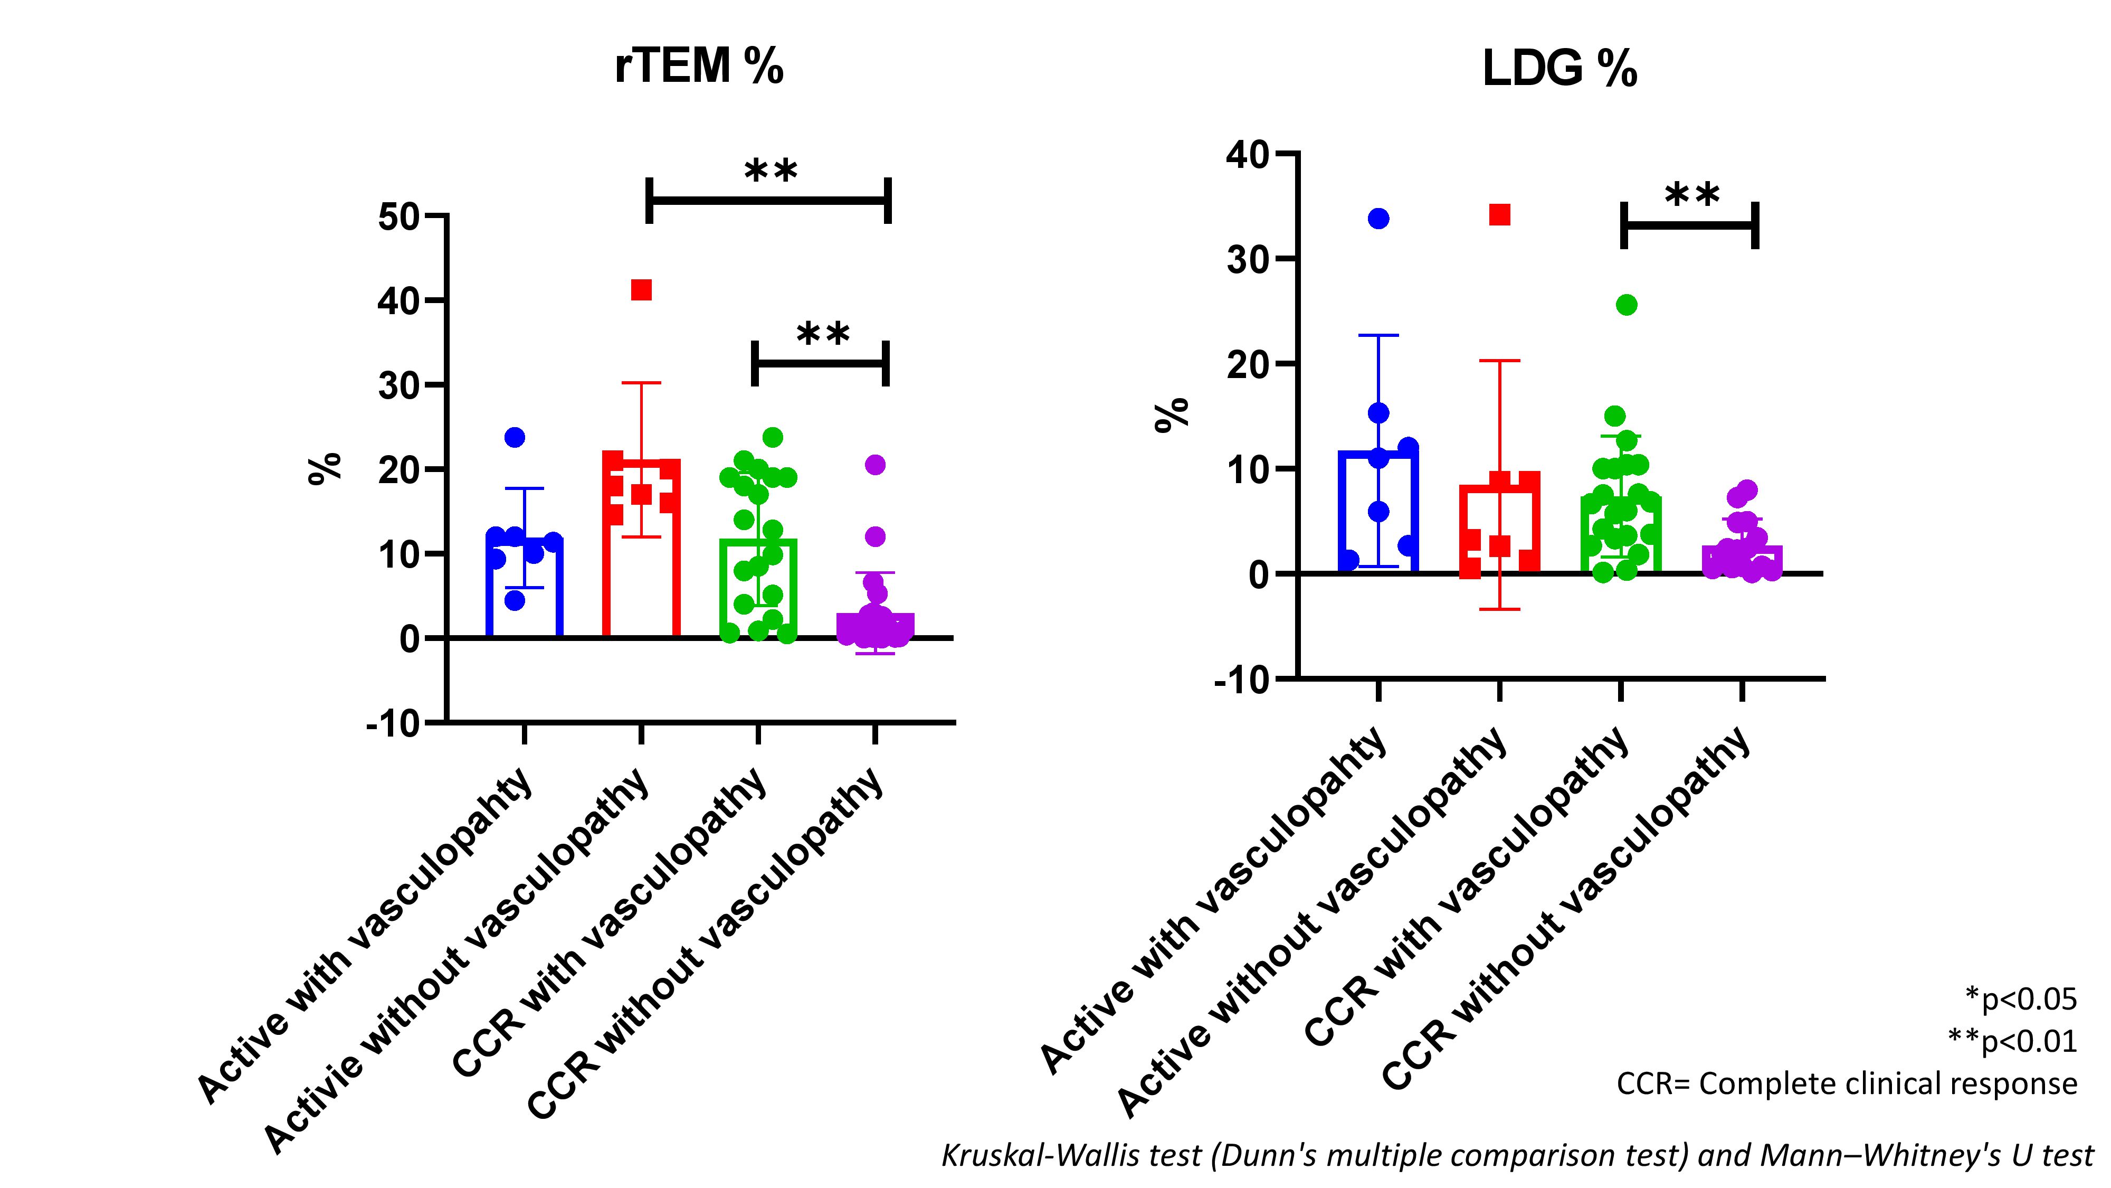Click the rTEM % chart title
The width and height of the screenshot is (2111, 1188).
pyautogui.click(x=699, y=65)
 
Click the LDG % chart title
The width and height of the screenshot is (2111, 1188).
pyautogui.click(x=1560, y=70)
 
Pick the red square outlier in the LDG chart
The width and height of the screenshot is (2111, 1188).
pyautogui.click(x=1500, y=215)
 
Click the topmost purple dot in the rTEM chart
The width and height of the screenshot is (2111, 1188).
pyautogui.click(x=875, y=465)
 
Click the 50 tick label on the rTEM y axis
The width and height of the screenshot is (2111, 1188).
pyautogui.click(x=399, y=216)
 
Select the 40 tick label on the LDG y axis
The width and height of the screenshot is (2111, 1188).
pyautogui.click(x=1247, y=154)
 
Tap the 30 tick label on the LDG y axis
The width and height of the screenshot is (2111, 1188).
pyautogui.click(x=1247, y=259)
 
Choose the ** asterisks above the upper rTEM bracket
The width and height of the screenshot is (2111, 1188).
pyautogui.click(x=771, y=172)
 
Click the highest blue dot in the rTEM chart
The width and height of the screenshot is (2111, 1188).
pyautogui.click(x=515, y=438)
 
